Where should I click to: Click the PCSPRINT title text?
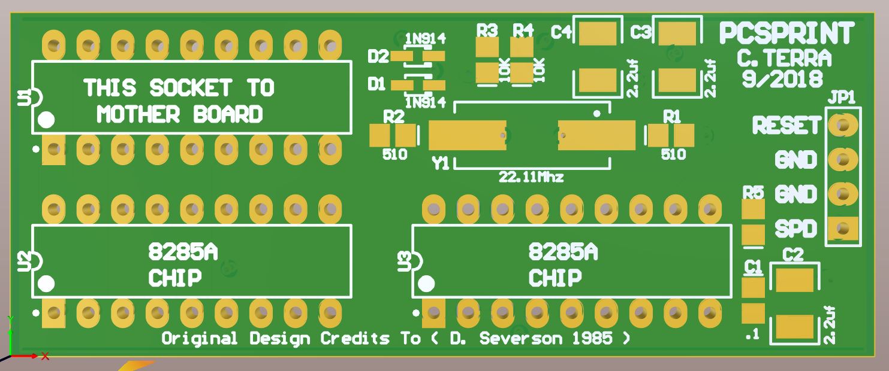(x=786, y=34)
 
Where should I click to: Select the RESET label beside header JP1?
(x=786, y=126)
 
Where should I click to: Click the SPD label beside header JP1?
(x=795, y=229)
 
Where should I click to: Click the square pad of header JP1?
(x=843, y=228)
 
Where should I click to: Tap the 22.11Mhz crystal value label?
(x=531, y=177)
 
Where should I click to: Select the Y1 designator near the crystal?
(x=441, y=163)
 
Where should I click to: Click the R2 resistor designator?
(x=394, y=117)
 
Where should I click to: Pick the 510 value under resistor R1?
(x=673, y=154)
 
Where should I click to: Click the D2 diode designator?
(x=378, y=57)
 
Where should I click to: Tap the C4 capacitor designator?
(x=561, y=32)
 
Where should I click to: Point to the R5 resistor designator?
(x=753, y=192)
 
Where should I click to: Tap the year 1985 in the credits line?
(x=592, y=339)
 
